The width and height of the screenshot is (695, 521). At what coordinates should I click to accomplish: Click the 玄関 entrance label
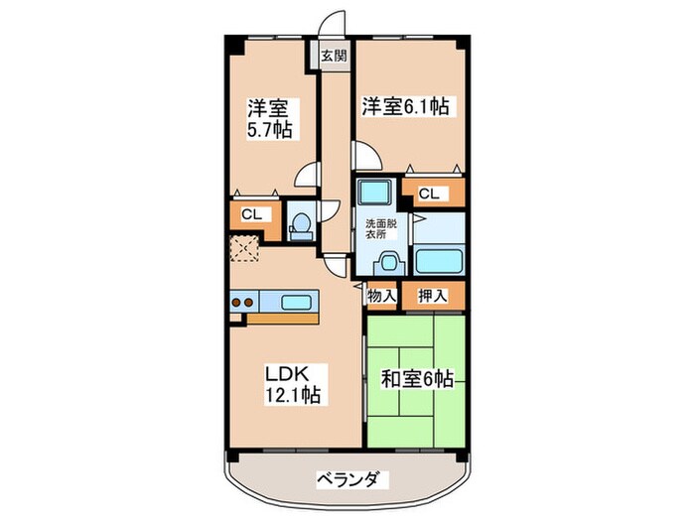[x=333, y=56]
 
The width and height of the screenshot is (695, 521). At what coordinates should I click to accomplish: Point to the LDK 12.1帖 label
[x=292, y=383]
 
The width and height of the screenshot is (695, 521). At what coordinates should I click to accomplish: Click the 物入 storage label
[x=382, y=294]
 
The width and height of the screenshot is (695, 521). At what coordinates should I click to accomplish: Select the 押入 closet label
[x=432, y=294]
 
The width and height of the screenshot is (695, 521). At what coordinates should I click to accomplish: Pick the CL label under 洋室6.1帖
[x=429, y=195]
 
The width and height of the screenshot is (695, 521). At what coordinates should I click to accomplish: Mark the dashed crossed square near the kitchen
[x=244, y=249]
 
